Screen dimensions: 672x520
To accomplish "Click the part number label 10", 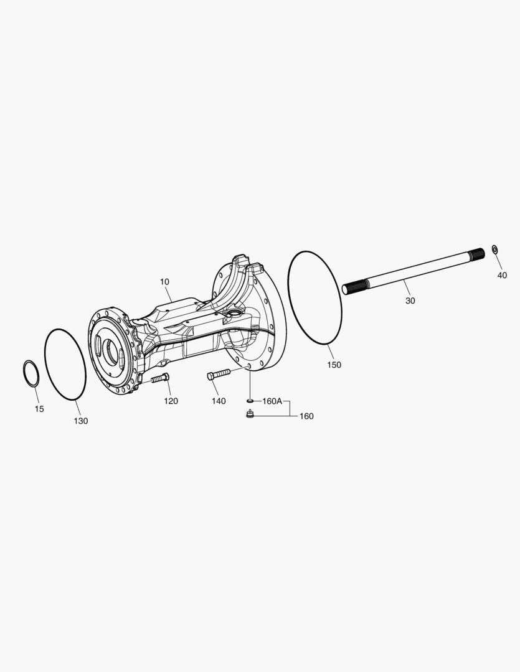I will pos(164,282).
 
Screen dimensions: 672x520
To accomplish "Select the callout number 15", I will pos(39,409).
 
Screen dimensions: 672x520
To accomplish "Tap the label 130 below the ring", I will pos(81,421).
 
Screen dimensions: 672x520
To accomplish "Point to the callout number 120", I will pos(171,401).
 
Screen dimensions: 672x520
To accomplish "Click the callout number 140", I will pos(218,401).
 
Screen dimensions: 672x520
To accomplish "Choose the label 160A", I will pos(272,401).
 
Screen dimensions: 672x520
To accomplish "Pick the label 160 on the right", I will pos(306,416).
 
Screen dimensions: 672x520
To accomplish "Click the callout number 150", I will pos(334,365).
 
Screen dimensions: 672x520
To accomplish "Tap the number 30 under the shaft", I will pos(410,301).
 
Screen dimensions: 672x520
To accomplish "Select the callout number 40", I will pos(502,275).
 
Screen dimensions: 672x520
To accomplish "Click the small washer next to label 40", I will pos(494,250).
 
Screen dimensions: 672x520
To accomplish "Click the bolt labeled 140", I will pos(219,374).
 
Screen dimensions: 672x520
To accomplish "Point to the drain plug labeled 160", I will pos(250,414).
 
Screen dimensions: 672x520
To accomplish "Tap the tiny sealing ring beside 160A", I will pos(250,401).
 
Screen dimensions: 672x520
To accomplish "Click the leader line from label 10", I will pos(168,294).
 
